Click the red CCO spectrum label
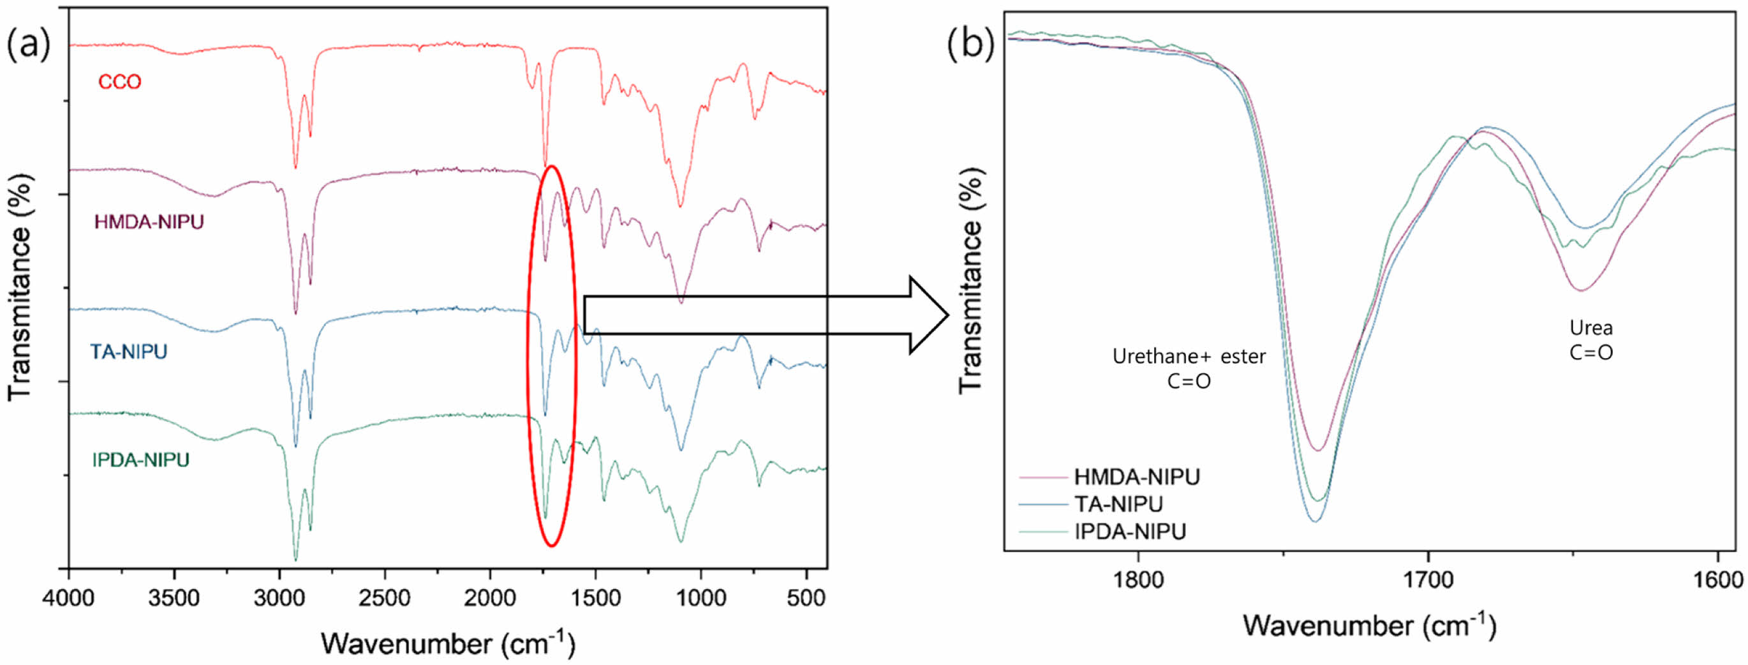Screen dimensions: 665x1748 pos(119,82)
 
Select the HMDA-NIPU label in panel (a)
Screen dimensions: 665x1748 pos(149,222)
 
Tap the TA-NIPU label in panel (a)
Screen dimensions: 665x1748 pos(128,352)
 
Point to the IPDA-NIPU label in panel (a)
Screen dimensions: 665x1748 pos(140,460)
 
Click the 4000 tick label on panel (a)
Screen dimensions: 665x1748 pos(68,599)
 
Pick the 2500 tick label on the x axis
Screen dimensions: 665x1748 pos(385,599)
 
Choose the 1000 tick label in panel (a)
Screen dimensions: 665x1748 pos(700,599)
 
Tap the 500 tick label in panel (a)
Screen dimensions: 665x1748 pos(806,599)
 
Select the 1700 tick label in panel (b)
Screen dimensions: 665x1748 pos(1428,580)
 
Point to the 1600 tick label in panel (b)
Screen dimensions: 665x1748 pos(1717,580)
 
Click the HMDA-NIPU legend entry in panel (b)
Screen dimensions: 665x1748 pos(1137,477)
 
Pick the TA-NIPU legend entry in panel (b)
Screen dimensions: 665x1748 pos(1118,504)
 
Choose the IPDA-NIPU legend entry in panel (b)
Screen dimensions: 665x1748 pos(1130,532)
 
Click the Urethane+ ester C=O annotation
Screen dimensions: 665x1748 pos(1189,368)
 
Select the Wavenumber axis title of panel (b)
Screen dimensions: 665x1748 pos(1369,625)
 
